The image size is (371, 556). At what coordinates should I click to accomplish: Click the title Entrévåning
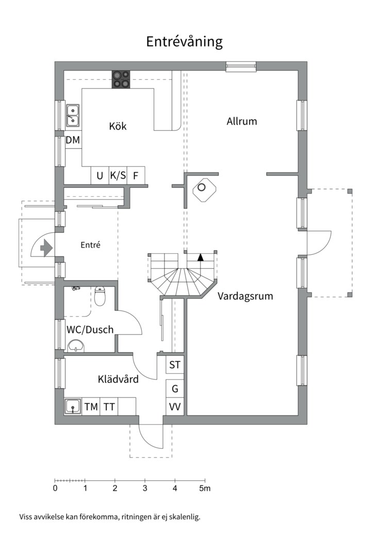(x=184, y=42)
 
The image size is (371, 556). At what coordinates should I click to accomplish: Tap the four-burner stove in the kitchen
(x=121, y=79)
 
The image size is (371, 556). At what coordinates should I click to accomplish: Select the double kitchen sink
(x=73, y=116)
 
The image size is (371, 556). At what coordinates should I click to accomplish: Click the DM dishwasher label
(x=73, y=140)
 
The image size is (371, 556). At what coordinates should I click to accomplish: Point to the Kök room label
(x=117, y=126)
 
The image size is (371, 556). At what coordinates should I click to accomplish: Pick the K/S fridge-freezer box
(x=118, y=175)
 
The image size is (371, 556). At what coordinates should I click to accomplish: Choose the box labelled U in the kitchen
(x=100, y=175)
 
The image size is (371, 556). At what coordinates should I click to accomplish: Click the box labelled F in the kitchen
(x=136, y=175)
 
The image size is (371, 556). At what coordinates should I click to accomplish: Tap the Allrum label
(x=242, y=121)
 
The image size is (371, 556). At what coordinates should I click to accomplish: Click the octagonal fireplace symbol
(x=204, y=190)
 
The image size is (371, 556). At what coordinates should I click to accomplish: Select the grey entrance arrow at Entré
(x=46, y=248)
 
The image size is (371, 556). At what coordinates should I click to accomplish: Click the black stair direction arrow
(x=200, y=257)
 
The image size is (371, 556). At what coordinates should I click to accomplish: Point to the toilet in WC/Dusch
(x=100, y=297)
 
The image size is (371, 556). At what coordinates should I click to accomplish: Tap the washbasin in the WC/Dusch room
(x=76, y=346)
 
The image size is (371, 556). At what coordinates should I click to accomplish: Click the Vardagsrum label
(x=245, y=296)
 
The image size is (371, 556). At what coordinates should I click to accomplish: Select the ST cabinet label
(x=175, y=364)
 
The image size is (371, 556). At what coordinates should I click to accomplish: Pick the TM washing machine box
(x=91, y=407)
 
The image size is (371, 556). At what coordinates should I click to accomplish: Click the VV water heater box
(x=175, y=407)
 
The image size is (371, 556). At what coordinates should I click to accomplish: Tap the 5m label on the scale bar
(x=205, y=488)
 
